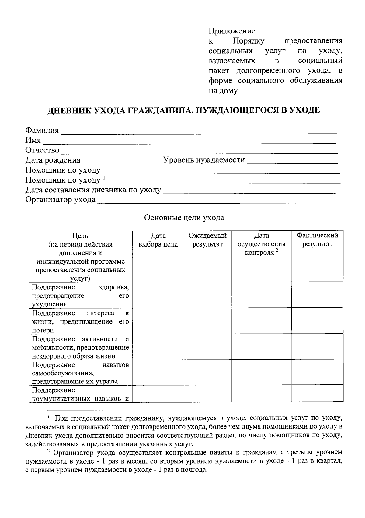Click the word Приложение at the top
(x=232, y=31)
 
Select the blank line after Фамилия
(x=199, y=131)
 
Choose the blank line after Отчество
(x=199, y=151)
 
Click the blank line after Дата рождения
(x=122, y=161)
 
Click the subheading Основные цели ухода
(x=184, y=218)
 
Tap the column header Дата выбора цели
(x=158, y=240)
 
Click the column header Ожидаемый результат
(x=207, y=240)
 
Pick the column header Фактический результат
(x=317, y=240)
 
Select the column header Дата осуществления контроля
(x=262, y=244)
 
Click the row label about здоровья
(x=81, y=296)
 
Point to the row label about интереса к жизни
(x=81, y=321)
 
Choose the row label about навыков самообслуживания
(x=81, y=373)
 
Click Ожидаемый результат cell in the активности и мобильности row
(x=207, y=347)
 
